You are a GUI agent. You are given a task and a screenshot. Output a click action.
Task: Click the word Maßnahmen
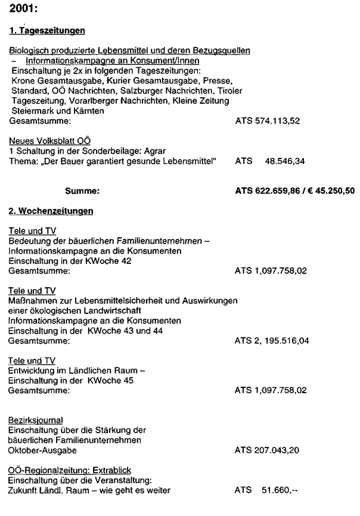(32, 301)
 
